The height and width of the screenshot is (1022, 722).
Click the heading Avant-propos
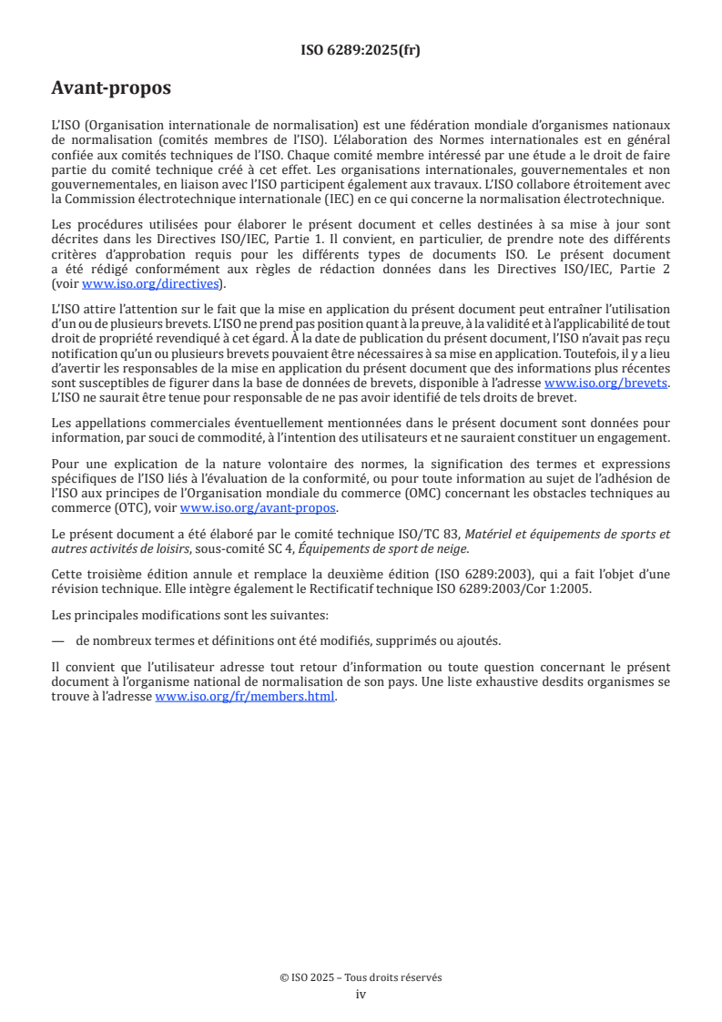click(x=111, y=88)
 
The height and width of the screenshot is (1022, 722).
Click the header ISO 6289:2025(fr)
click(x=361, y=50)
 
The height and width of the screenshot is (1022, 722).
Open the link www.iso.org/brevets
click(x=606, y=383)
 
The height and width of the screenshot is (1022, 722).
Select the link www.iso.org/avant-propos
click(x=259, y=508)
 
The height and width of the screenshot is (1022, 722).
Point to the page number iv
click(x=361, y=995)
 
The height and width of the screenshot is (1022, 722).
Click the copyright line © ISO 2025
click(x=361, y=977)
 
